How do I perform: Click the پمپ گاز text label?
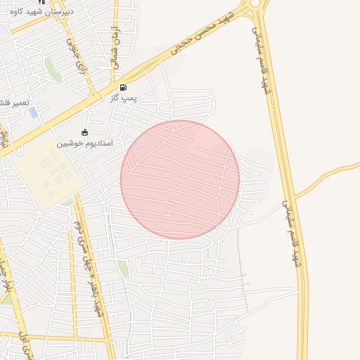point(124,98)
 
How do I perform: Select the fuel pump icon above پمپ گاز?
point(124,88)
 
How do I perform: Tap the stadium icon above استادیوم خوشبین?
point(85,132)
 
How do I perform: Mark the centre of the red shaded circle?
point(180,179)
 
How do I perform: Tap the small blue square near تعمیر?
point(33,112)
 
